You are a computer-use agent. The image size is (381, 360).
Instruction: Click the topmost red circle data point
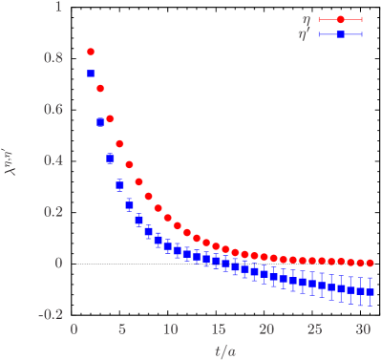pyautogui.click(x=91, y=52)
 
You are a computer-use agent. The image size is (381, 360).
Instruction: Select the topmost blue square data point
pyautogui.click(x=91, y=74)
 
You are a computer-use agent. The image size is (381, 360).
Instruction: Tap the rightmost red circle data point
pyautogui.click(x=370, y=263)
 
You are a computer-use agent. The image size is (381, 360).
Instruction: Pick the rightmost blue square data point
pyautogui.click(x=370, y=291)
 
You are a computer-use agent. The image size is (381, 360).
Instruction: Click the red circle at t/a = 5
pyautogui.click(x=119, y=144)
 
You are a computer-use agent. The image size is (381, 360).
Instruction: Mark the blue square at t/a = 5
pyautogui.click(x=119, y=185)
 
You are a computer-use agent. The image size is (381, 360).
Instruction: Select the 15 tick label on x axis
pyautogui.click(x=218, y=329)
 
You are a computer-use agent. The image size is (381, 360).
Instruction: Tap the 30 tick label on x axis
pyautogui.click(x=362, y=329)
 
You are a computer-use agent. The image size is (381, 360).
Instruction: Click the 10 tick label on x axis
pyautogui.click(x=170, y=329)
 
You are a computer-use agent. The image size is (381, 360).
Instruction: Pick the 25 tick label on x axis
pyautogui.click(x=314, y=329)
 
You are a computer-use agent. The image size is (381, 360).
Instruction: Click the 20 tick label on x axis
pyautogui.click(x=266, y=329)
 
